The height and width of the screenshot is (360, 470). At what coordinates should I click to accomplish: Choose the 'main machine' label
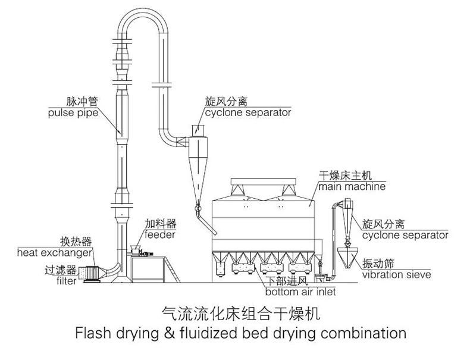click(x=351, y=186)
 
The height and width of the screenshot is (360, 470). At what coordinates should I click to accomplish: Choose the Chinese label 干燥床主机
click(x=346, y=176)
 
